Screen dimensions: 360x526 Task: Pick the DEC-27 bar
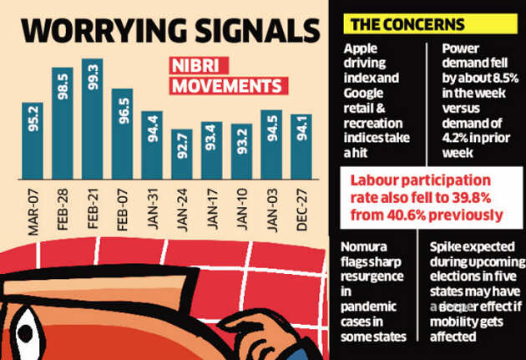pos(301,146)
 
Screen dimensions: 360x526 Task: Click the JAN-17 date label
pos(212,208)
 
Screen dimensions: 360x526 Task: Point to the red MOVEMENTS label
pos(226,86)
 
